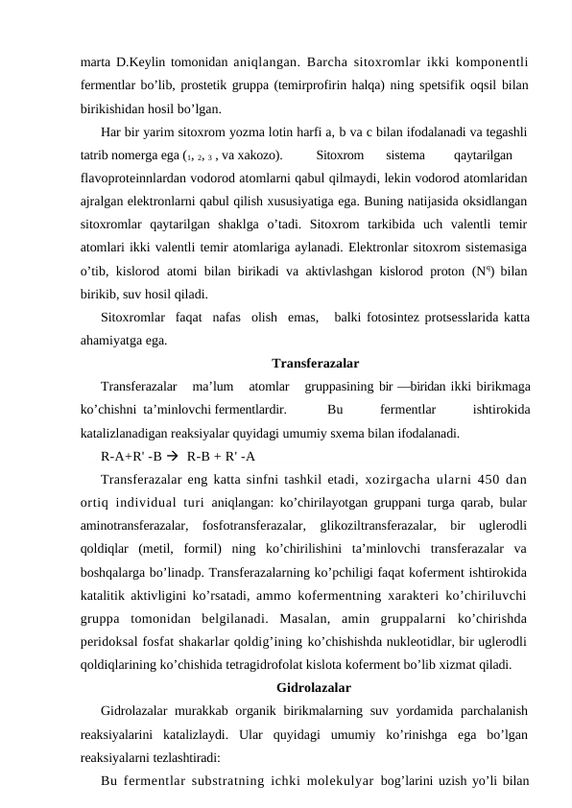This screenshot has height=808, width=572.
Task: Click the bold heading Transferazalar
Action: tap(316, 364)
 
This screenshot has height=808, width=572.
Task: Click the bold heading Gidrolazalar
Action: tap(313, 687)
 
